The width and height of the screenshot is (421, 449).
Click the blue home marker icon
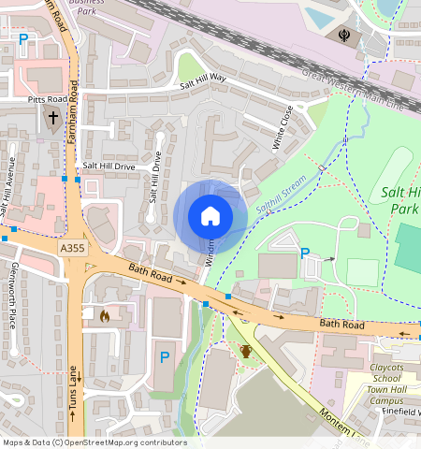[x=210, y=216]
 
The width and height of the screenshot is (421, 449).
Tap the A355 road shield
[x=71, y=249]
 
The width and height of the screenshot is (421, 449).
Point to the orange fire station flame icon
[x=104, y=316]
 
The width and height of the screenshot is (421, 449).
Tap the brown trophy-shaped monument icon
[x=245, y=351]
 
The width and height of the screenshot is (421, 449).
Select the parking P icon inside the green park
[x=304, y=253]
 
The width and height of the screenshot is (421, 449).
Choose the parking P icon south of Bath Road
[x=165, y=356]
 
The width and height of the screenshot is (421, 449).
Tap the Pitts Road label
[x=47, y=97]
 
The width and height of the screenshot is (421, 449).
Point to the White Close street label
[x=282, y=128]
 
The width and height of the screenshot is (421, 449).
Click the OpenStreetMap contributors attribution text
[x=94, y=442]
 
